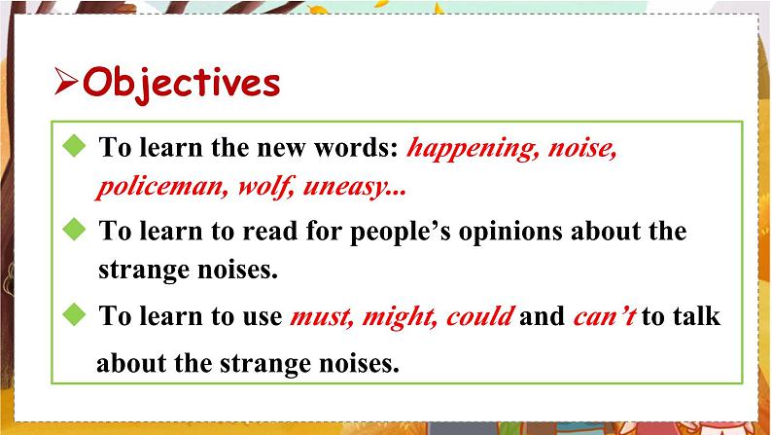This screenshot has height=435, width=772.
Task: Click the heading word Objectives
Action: coord(182,84)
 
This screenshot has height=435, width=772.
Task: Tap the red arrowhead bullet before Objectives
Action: coord(66,84)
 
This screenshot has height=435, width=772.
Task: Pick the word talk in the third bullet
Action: coord(693,317)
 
